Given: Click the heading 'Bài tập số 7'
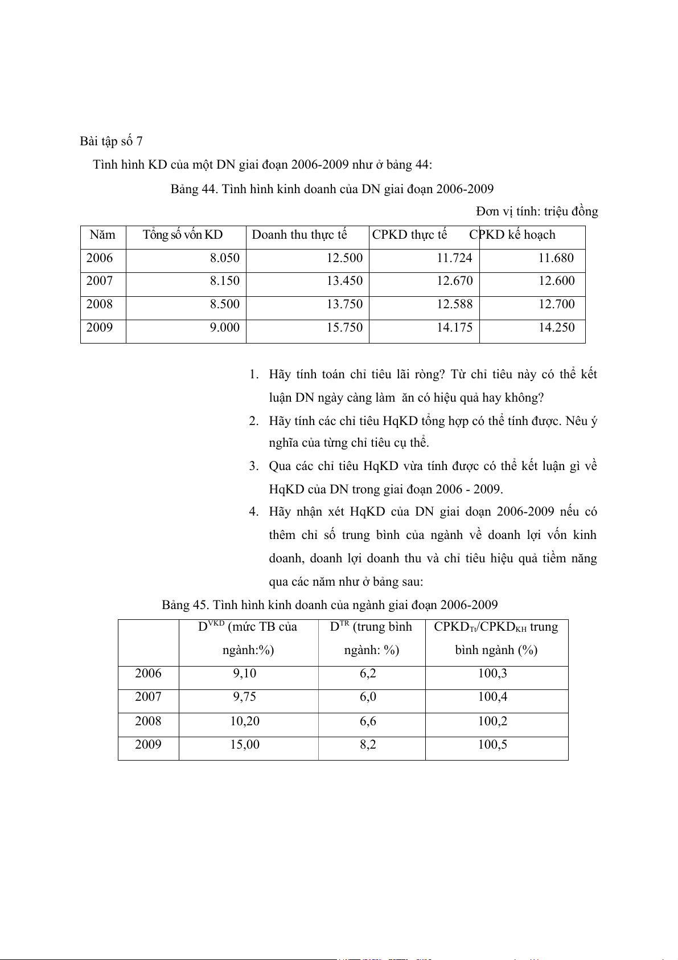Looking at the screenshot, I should tap(111, 141).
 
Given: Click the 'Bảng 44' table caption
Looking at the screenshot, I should tap(332, 189).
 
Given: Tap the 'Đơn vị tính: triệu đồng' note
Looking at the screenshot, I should tap(537, 211).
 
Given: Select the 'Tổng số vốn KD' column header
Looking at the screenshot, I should tap(183, 235).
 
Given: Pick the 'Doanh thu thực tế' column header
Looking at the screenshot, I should tap(299, 235).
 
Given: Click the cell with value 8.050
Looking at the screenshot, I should tap(224, 258).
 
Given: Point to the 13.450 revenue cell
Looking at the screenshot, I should tap(344, 281).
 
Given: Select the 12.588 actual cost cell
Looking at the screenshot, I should tap(454, 304).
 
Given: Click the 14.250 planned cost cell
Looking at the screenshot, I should tap(556, 328).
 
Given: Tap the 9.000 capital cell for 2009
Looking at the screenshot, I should tap(224, 328).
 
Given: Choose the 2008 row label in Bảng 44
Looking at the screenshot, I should tap(100, 304).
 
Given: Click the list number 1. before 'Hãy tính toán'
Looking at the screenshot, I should tap(254, 374).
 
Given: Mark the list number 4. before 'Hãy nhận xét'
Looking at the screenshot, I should tap(254, 512).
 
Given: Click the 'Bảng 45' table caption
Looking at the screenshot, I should tap(330, 604).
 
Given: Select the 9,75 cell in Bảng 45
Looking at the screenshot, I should tap(245, 697).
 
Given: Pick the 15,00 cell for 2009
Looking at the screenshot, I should tap(245, 745).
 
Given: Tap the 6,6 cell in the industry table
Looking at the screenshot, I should tap(368, 721).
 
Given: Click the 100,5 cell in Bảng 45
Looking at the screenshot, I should tap(492, 745).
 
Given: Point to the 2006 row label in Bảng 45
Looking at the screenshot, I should tap(148, 673).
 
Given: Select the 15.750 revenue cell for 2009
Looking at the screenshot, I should tap(344, 328).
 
